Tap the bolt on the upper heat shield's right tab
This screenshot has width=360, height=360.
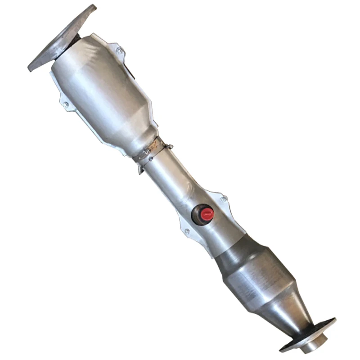(119, 51)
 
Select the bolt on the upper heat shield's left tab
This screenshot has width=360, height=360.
(66, 104)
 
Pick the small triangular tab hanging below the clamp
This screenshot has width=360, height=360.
(141, 170)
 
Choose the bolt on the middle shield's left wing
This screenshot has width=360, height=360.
(187, 231)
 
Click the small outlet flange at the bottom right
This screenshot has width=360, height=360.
(310, 335)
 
